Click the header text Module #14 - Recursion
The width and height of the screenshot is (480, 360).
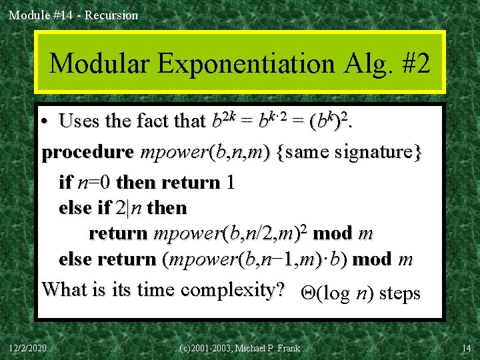pos(73,15)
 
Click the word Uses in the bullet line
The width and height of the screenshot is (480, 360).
pos(79,121)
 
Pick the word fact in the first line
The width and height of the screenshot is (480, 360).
pos(153,121)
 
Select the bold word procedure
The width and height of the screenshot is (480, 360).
pos(87,153)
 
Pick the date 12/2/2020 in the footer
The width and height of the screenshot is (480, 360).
pos(29,348)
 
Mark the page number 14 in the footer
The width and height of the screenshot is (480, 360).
pos(467,348)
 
